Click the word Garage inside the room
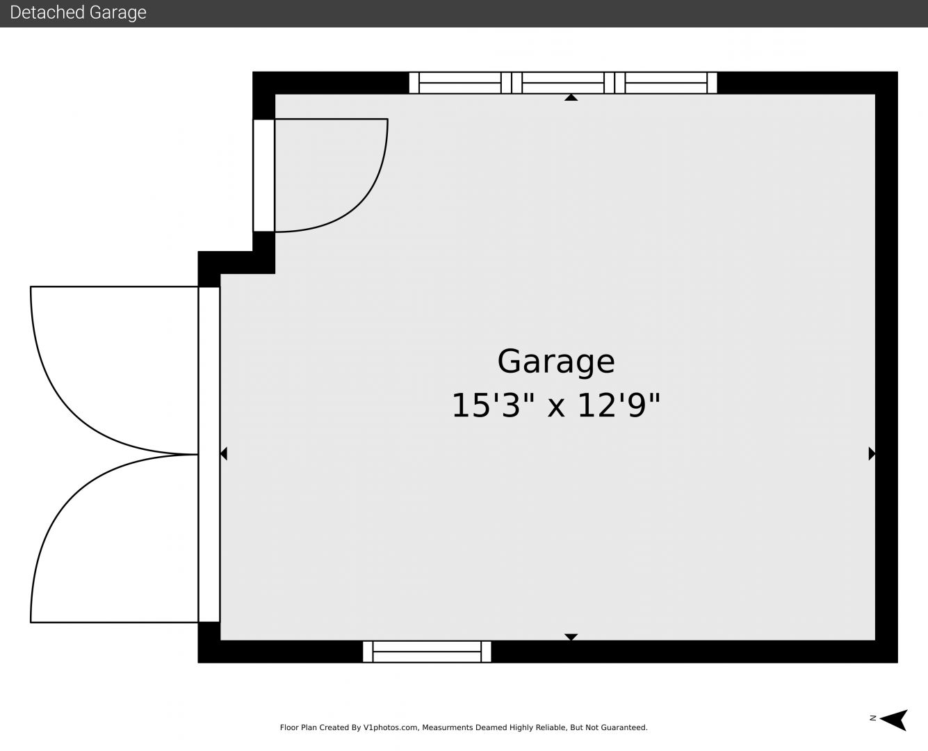point(556,362)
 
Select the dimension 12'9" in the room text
point(619,405)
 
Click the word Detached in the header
point(42,13)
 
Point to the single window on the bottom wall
point(427,652)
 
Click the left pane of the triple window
point(460,83)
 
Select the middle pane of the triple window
point(563,83)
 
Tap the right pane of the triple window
point(666,83)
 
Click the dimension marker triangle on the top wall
point(571,97)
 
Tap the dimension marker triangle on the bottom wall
point(571,637)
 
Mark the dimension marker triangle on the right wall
point(872,454)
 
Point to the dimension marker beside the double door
point(224,454)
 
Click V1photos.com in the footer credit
point(391,727)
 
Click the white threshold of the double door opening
point(209,454)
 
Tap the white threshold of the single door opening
point(264,175)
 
